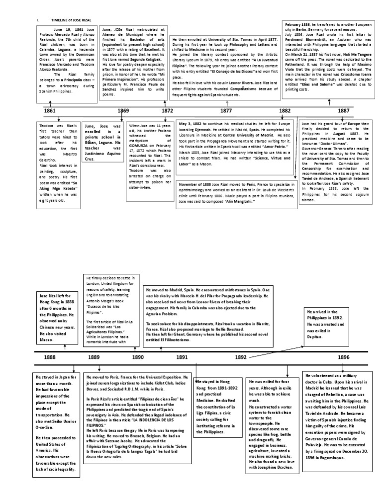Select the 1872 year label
167,110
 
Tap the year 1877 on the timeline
226,110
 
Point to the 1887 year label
343,110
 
